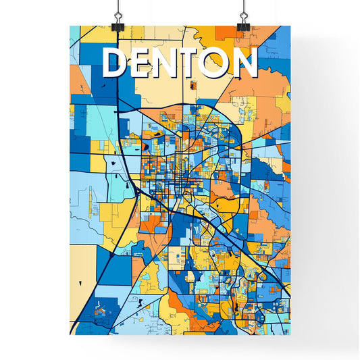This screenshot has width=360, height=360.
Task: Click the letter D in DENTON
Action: click(x=115, y=63)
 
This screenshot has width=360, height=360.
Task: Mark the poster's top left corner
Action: click(x=70, y=26)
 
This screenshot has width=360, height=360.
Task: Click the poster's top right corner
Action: click(x=290, y=26)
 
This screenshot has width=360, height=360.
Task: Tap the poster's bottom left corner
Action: click(x=70, y=334)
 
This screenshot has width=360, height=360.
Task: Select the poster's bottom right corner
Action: click(x=290, y=334)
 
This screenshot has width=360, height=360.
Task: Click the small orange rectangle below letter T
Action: click(x=192, y=86)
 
